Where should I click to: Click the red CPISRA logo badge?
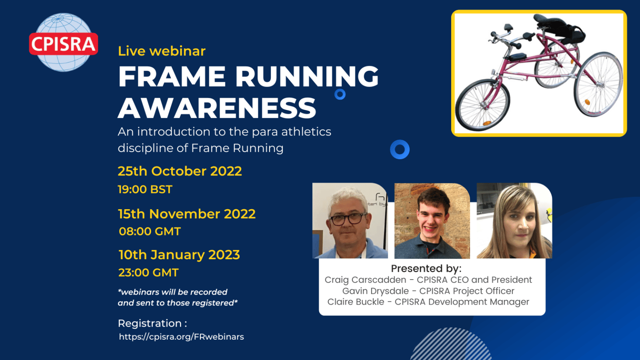pos(63,44)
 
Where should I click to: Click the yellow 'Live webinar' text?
pos(162,51)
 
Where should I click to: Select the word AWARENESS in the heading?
pos(217,108)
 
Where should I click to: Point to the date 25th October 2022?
pos(180,171)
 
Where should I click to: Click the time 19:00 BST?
pos(145,190)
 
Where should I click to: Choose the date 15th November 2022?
pos(187,214)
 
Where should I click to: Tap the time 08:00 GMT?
pos(150,231)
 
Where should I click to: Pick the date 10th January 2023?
pos(179,255)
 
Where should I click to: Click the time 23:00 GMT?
pos(149,272)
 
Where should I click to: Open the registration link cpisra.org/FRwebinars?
pos(181,337)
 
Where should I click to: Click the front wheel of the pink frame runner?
pos(482,105)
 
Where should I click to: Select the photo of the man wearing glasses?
pos(350,220)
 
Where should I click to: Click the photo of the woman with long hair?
pos(514,220)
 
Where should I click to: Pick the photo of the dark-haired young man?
pos(432,220)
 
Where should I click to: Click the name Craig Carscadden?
pos(365,280)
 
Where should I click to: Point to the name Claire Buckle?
pos(356,302)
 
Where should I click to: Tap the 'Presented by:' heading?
pos(426,269)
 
